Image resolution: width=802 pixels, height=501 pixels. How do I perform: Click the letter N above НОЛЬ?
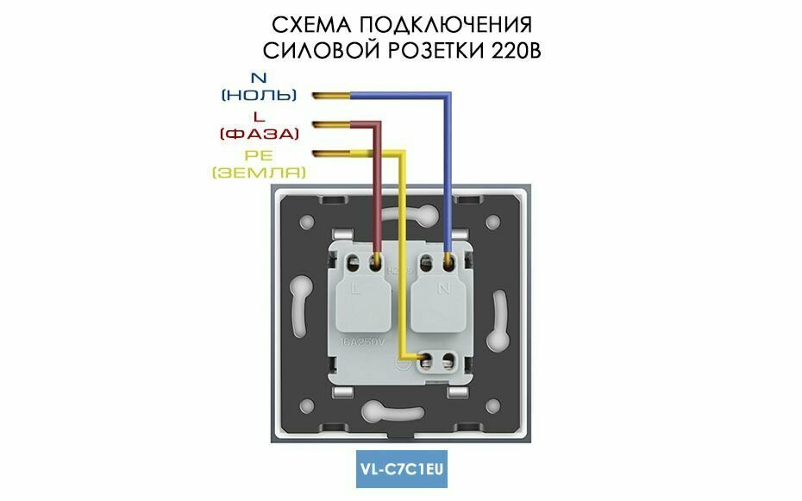pyautogui.click(x=259, y=77)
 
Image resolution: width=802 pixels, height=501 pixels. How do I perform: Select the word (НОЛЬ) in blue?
pyautogui.click(x=259, y=94)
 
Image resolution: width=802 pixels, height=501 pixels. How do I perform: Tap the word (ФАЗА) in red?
pyautogui.click(x=259, y=134)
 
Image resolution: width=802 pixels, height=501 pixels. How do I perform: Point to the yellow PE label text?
pyautogui.click(x=259, y=155)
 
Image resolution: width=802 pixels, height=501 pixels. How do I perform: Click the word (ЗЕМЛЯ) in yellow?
pyautogui.click(x=259, y=172)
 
